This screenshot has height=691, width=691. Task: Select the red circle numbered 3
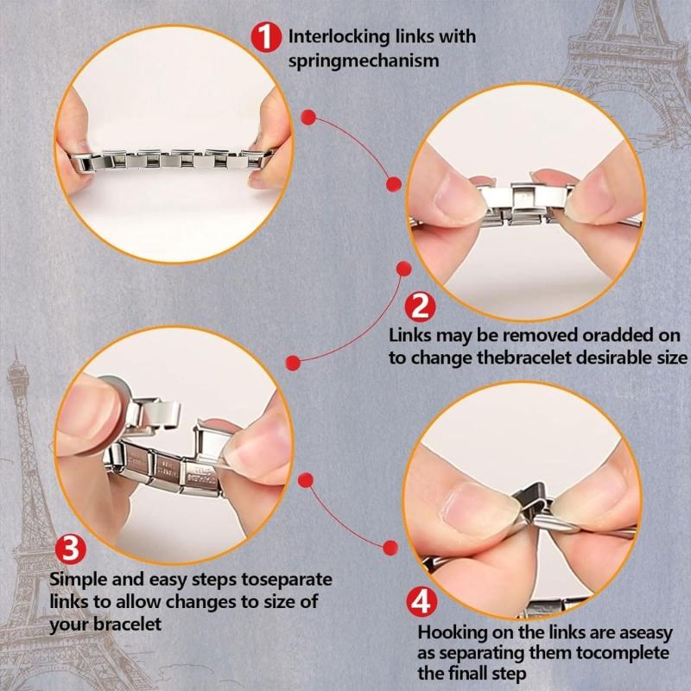tap(71, 549)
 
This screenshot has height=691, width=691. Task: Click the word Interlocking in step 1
tap(337, 37)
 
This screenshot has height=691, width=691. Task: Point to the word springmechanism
tap(352, 61)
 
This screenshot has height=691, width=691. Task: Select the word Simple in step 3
tap(76, 579)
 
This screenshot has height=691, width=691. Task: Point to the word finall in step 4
tap(474, 672)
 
